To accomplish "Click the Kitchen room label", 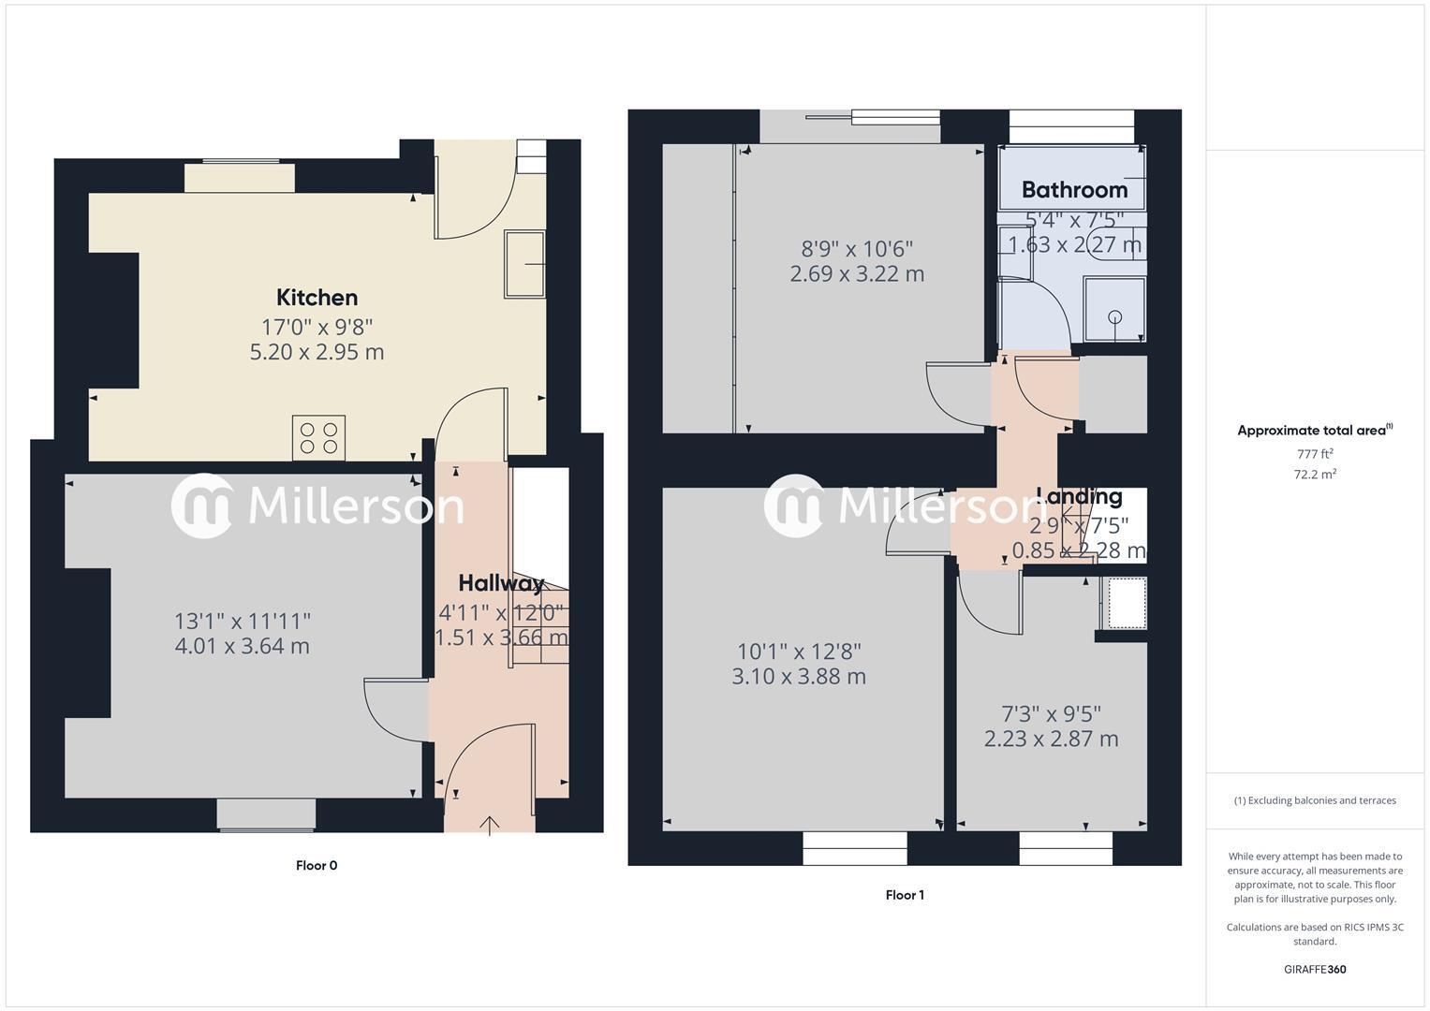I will [317, 298].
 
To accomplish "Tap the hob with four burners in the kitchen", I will [318, 438].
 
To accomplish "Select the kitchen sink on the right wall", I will [525, 264].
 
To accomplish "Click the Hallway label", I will [501, 583].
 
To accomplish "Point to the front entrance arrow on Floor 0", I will [489, 824].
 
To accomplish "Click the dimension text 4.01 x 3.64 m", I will [242, 646].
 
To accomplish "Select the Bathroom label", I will [1074, 190].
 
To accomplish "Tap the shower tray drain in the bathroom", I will [1114, 316].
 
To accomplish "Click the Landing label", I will [1079, 496].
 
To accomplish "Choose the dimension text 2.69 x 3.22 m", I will [857, 274].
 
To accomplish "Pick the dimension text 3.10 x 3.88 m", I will [798, 676].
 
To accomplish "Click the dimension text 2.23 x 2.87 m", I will [1051, 739].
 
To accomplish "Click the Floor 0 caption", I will [317, 865].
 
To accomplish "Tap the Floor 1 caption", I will [905, 895].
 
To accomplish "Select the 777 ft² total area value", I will [1315, 454].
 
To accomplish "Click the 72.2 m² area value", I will [1315, 475].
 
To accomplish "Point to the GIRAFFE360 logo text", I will [1315, 969].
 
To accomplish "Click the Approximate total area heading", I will [1314, 431].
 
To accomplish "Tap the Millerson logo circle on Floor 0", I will [201, 505].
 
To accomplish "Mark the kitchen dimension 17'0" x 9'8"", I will [317, 327].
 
